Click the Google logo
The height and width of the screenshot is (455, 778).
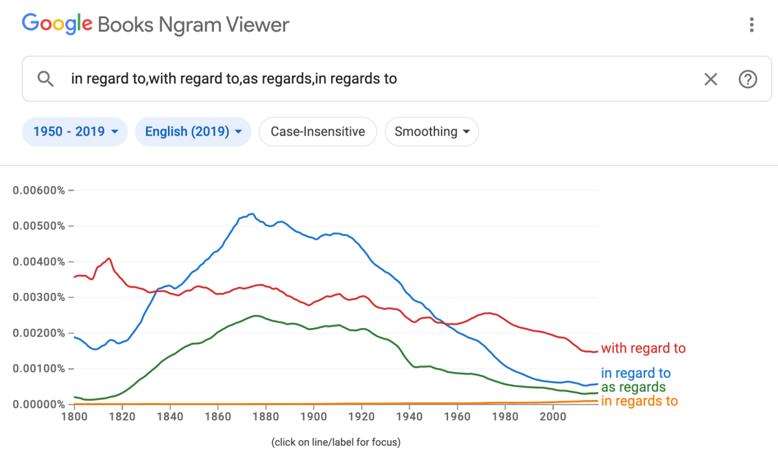[x=57, y=25]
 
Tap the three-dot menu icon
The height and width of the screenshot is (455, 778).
[x=751, y=25]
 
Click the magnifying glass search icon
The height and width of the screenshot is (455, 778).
[x=45, y=79]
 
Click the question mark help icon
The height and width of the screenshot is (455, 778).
[x=748, y=79]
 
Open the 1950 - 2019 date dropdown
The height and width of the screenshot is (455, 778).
[x=75, y=132]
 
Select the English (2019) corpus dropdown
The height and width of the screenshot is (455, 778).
[x=193, y=132]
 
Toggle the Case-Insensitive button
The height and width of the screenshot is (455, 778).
[x=318, y=132]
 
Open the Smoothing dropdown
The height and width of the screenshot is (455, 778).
[x=432, y=132]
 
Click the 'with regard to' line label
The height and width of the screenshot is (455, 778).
[x=642, y=349]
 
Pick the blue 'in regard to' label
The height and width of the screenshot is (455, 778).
[x=635, y=373]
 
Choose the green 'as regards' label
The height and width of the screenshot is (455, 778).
[x=633, y=388]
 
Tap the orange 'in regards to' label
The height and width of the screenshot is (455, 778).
[x=639, y=401]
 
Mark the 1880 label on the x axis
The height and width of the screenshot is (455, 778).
[x=265, y=416]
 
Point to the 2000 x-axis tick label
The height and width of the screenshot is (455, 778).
[x=552, y=416]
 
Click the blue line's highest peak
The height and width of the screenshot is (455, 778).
[x=252, y=214]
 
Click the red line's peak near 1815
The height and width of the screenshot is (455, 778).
[x=109, y=259]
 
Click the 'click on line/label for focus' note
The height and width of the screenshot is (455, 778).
[x=335, y=443]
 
